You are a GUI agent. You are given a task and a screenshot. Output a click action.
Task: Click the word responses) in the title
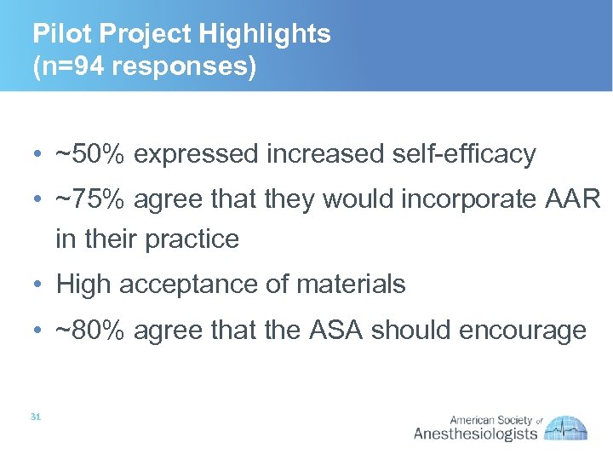click(186, 66)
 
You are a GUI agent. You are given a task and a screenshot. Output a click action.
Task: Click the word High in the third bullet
click(83, 285)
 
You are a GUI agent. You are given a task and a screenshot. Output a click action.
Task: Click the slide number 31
click(36, 417)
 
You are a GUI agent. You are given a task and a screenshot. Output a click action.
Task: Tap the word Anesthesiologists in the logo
click(475, 434)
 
